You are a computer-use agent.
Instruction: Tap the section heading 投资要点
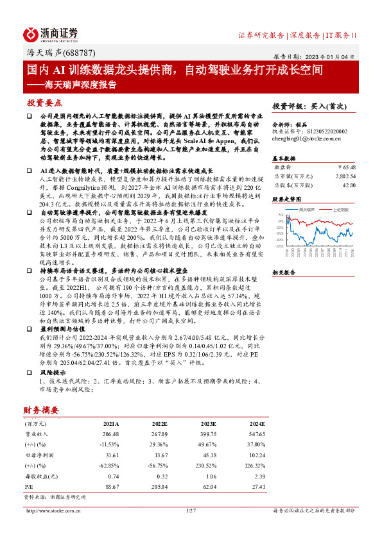(44, 103)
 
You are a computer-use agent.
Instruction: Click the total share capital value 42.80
(347, 184)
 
